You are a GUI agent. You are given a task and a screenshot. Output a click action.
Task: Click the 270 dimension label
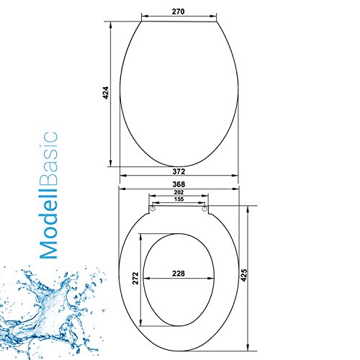point(178,12)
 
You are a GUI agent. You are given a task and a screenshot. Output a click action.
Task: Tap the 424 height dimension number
point(106,93)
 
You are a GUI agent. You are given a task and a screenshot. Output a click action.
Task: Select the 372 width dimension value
point(179,171)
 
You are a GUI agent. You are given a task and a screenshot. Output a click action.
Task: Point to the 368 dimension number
point(179,184)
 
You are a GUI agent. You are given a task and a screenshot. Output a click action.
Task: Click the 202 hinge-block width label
point(179,192)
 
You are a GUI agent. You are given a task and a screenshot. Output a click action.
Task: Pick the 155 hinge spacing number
point(179,199)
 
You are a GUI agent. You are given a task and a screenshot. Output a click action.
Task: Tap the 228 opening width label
point(179,274)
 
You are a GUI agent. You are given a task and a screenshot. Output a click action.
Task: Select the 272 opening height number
point(135,278)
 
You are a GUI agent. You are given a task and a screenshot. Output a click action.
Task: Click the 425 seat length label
point(244,275)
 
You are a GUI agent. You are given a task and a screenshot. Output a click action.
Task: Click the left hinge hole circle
point(153,208)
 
